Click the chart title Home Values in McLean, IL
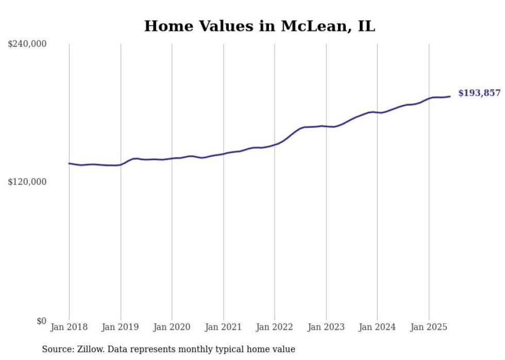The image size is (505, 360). pyautogui.click(x=259, y=26)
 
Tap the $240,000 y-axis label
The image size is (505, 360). pyautogui.click(x=27, y=44)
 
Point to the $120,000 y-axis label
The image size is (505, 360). pyautogui.click(x=27, y=182)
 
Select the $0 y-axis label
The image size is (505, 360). pyautogui.click(x=41, y=321)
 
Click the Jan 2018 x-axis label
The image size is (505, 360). pyautogui.click(x=69, y=327)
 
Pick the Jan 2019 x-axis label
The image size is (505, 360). pyautogui.click(x=121, y=327)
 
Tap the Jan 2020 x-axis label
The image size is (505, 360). pyautogui.click(x=172, y=327)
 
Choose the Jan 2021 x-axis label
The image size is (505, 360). pyautogui.click(x=223, y=327)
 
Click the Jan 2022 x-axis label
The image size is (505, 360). pyautogui.click(x=275, y=327)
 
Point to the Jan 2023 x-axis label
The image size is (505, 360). pyautogui.click(x=326, y=327)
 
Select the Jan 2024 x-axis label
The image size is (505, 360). pyautogui.click(x=377, y=327)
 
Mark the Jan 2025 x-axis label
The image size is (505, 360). pyautogui.click(x=429, y=327)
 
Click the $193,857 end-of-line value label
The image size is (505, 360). pyautogui.click(x=479, y=93)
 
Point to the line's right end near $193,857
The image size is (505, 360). pyautogui.click(x=450, y=96)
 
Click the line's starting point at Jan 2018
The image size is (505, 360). pyautogui.click(x=69, y=163)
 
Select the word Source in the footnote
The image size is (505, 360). pyautogui.click(x=57, y=350)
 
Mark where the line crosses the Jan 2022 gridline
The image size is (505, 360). pyautogui.click(x=275, y=144)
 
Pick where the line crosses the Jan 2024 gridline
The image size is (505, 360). pyautogui.click(x=377, y=112)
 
